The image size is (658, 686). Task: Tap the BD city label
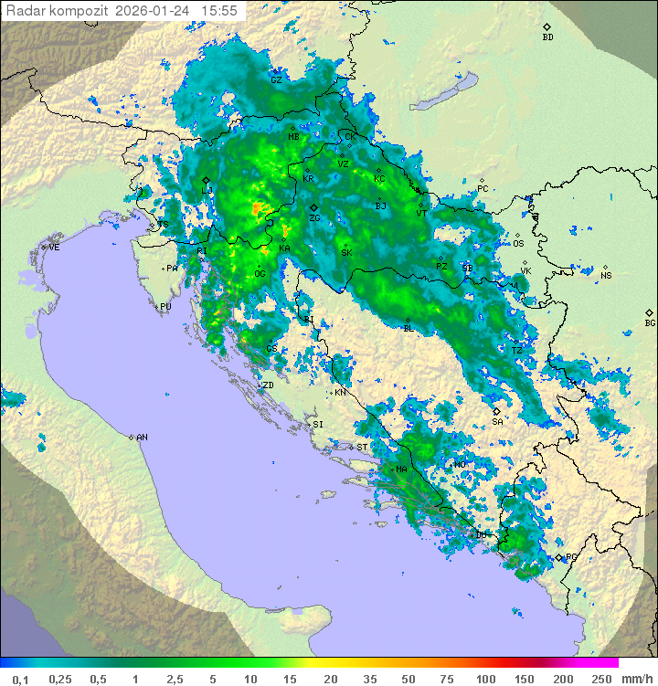pos(547,37)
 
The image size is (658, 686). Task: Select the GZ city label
pos(276,79)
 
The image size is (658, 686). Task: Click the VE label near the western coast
pos(54,248)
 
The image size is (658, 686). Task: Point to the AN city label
pos(142,438)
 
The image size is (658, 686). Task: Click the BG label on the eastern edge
pos(650,322)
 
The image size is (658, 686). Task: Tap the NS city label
pos(605,275)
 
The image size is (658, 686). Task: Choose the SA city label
pos(497,422)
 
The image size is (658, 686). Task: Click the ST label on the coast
pos(362,448)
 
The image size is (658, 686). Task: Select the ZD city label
pos(268,385)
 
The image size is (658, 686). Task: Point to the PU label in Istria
pos(165,307)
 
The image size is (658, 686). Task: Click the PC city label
pos(483,189)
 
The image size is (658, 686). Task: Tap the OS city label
pos(518,244)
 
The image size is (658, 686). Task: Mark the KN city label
pos(340,393)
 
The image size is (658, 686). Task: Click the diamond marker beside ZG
pos(313,208)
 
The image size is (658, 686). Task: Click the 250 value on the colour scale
pos(601,679)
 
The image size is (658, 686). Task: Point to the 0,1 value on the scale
pos(20,679)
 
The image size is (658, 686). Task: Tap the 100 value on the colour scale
pos(485,679)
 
